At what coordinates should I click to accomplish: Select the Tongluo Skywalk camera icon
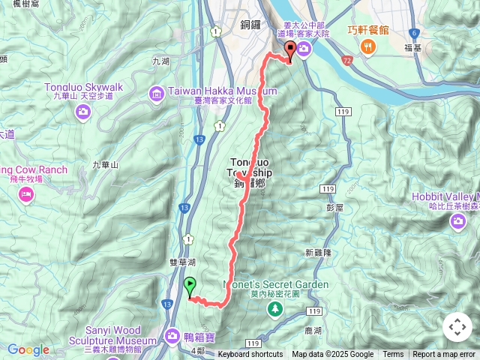83,112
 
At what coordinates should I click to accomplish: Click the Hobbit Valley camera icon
457,221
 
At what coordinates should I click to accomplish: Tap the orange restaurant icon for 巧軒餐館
367,46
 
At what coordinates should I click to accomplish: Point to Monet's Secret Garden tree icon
275,308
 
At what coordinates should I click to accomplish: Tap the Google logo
28,349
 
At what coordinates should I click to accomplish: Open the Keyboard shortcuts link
250,355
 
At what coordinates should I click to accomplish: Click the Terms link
393,355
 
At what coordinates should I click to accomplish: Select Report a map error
444,355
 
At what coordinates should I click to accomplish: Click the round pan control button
457,327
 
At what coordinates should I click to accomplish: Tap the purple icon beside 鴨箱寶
172,336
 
